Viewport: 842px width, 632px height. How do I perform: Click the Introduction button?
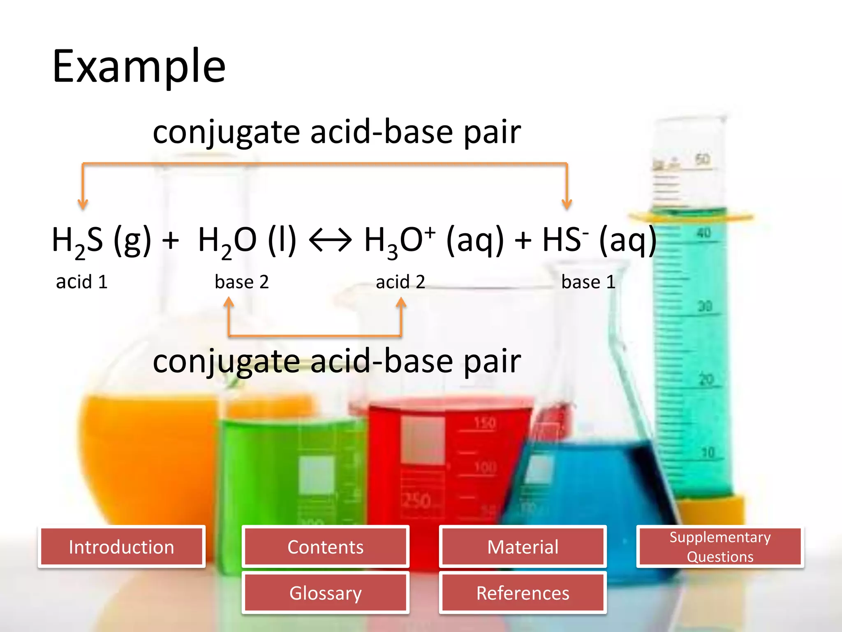(x=121, y=547)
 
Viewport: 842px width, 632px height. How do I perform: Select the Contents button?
(x=325, y=547)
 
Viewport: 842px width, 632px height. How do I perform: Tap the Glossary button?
(x=325, y=593)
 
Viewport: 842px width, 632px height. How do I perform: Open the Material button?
(x=523, y=547)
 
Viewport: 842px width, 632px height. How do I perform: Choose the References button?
(x=523, y=593)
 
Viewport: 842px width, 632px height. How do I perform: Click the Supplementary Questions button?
(x=720, y=547)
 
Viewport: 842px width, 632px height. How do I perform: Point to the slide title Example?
(x=139, y=66)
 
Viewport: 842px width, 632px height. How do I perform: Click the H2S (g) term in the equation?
(x=101, y=240)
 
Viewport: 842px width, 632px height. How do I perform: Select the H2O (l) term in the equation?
(x=247, y=240)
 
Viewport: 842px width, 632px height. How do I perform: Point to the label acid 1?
(x=82, y=282)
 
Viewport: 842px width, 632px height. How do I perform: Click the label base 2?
(x=242, y=282)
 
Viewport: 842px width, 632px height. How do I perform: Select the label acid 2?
(x=400, y=282)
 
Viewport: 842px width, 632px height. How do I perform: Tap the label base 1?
(x=588, y=282)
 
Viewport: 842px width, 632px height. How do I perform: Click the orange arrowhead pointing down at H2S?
(x=83, y=204)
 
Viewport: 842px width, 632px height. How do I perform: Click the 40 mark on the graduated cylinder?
(x=703, y=233)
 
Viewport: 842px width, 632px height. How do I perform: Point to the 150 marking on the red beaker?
(x=485, y=423)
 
